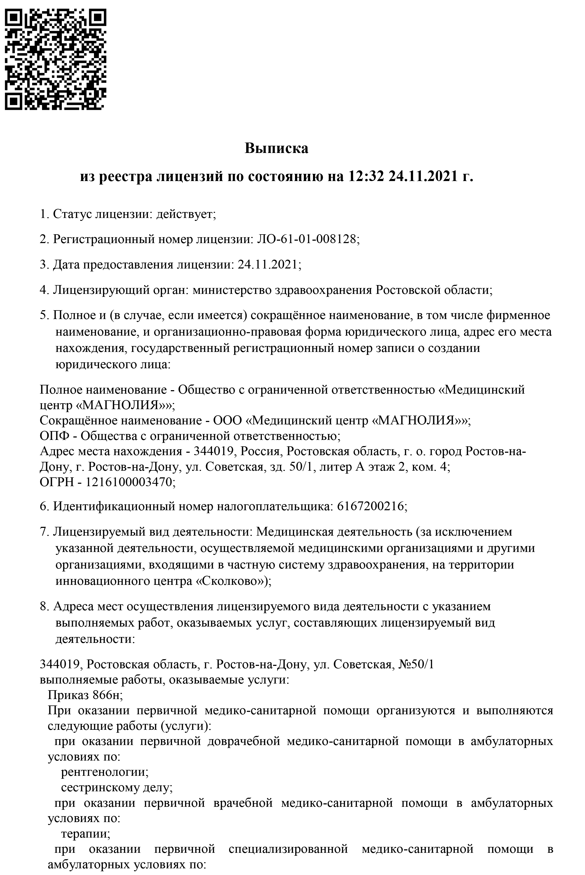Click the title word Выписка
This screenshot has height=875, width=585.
click(x=277, y=148)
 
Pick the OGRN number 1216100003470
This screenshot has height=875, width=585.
click(x=130, y=482)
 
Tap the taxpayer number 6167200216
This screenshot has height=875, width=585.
click(x=370, y=506)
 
